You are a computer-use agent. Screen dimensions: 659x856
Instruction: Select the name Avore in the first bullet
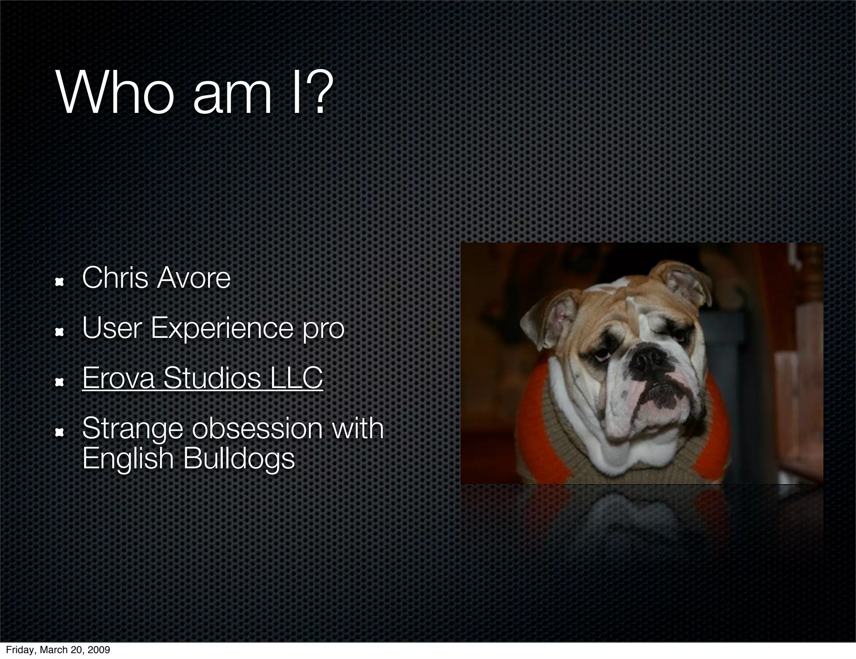tap(194, 278)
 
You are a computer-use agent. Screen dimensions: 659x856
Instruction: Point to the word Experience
tap(222, 329)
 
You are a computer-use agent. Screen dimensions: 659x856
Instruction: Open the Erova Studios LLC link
tap(202, 378)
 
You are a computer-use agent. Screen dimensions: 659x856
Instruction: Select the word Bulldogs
tap(239, 458)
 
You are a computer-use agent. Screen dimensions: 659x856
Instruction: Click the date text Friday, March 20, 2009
tap(58, 650)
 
